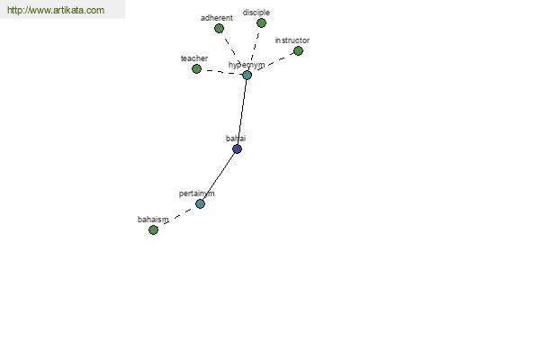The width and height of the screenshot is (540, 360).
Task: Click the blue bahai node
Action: [237, 148]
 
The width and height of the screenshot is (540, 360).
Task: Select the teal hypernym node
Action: [247, 75]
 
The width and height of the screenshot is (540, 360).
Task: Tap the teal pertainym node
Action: [200, 203]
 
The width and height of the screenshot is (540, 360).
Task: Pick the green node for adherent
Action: [219, 28]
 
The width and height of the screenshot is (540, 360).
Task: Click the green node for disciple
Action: [261, 22]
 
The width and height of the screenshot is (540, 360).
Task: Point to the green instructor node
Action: [298, 51]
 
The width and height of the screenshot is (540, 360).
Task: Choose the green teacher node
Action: [196, 69]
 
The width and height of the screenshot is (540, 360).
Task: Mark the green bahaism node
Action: [153, 229]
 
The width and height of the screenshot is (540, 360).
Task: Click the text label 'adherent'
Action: [217, 18]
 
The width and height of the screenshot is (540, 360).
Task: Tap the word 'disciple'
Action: [256, 13]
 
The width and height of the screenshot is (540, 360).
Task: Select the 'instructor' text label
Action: [292, 40]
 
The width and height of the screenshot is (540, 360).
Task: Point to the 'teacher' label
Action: [194, 58]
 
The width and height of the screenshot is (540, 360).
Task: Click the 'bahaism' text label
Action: [153, 220]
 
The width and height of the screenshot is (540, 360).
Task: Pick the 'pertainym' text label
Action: [196, 193]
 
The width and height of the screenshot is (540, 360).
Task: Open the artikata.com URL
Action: [56, 10]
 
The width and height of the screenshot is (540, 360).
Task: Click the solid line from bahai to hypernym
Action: [242, 112]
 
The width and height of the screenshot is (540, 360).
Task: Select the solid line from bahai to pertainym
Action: [220, 175]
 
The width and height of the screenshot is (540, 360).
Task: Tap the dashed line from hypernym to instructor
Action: [273, 63]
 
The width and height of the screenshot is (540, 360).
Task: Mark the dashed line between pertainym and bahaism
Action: [176, 217]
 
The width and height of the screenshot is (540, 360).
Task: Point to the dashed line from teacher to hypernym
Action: [221, 72]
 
